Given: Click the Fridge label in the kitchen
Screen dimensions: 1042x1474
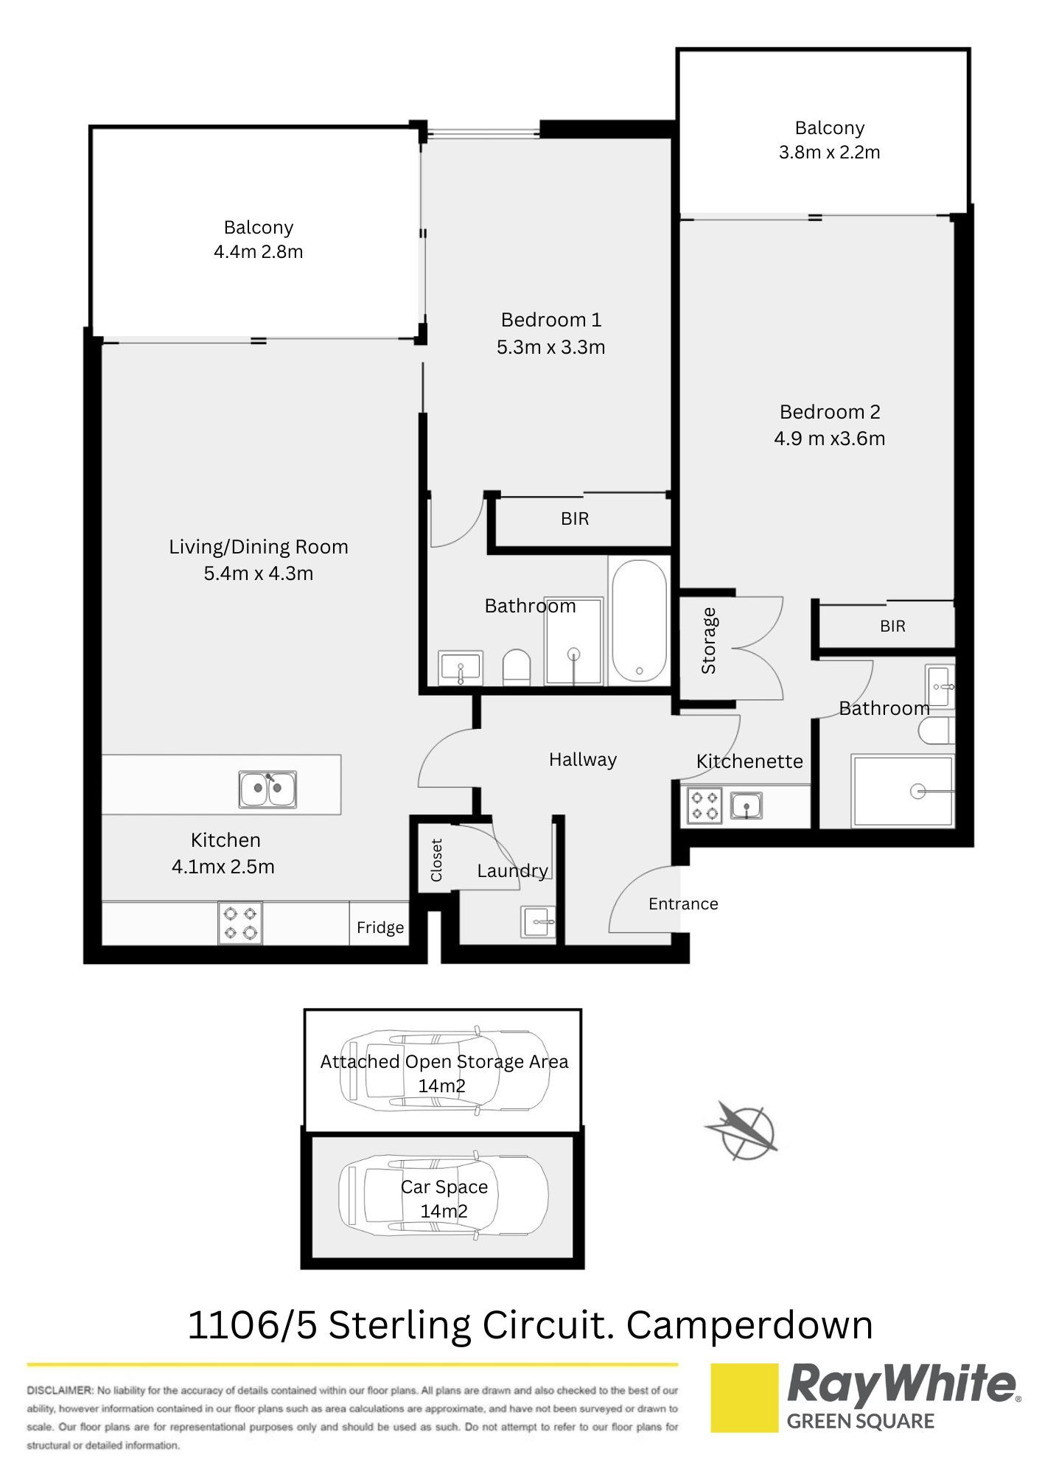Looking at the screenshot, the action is coord(380,927).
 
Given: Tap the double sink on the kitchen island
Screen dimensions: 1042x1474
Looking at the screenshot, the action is coord(268,789).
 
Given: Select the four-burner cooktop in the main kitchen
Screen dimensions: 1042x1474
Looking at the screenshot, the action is coord(240,923).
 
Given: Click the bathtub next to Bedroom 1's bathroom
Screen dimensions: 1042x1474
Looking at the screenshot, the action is coord(639,621).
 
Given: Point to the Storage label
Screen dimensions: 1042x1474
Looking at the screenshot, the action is coord(708,640).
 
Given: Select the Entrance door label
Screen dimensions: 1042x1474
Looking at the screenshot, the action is coord(683,904).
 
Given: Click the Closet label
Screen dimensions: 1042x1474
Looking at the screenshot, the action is coord(436,860).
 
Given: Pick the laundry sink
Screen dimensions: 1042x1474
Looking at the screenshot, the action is coord(539,921).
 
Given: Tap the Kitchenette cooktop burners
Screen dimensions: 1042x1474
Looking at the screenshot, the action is coord(704,805).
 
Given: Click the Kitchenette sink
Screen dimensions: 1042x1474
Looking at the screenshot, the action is coord(746,805).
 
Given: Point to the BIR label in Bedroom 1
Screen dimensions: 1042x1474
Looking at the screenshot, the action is coord(575,519).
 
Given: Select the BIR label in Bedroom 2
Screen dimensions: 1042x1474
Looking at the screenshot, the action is coord(892,626).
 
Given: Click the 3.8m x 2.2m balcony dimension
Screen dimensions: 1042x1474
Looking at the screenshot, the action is coord(830,153).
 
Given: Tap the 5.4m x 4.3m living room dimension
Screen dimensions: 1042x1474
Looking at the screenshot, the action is coord(259,573).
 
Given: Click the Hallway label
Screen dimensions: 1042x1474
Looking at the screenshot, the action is coord(583,760).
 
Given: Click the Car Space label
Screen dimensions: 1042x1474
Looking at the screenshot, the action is coord(444,1187).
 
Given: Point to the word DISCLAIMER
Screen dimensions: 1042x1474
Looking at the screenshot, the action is coord(60,1391).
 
